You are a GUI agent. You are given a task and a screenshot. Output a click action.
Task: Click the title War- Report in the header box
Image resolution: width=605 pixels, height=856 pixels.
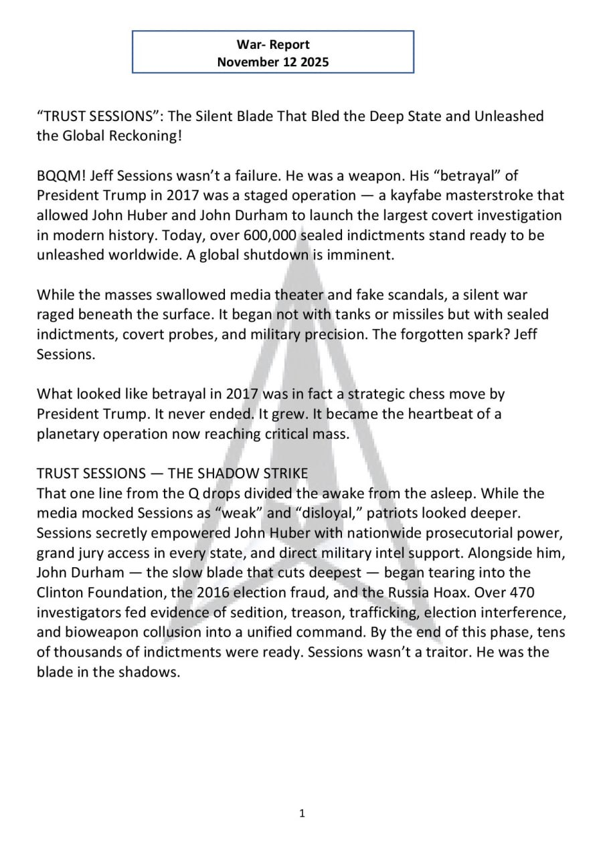[273, 45]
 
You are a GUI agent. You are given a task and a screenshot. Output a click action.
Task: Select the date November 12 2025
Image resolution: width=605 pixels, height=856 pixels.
[273, 62]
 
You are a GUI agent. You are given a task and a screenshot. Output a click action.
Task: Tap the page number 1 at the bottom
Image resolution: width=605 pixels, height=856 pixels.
[302, 813]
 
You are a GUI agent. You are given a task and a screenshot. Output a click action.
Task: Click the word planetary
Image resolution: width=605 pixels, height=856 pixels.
[66, 433]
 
